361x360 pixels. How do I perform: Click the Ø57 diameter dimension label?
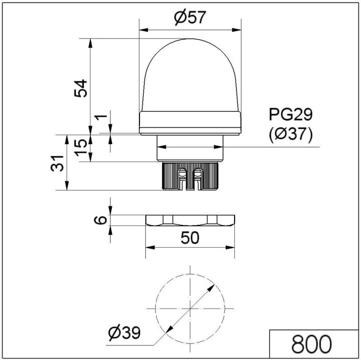[x=190, y=18]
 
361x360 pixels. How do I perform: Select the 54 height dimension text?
[x=81, y=88]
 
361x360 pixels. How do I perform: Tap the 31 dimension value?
[x=59, y=163]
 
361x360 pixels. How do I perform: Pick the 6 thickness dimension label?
[x=101, y=220]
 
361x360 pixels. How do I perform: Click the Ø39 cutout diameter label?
[x=124, y=331]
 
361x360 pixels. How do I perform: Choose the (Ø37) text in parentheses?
[x=291, y=134]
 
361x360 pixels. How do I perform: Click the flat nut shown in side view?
[x=190, y=221]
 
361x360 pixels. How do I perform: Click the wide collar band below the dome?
[x=190, y=123]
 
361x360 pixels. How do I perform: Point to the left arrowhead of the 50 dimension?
[x=149, y=248]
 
